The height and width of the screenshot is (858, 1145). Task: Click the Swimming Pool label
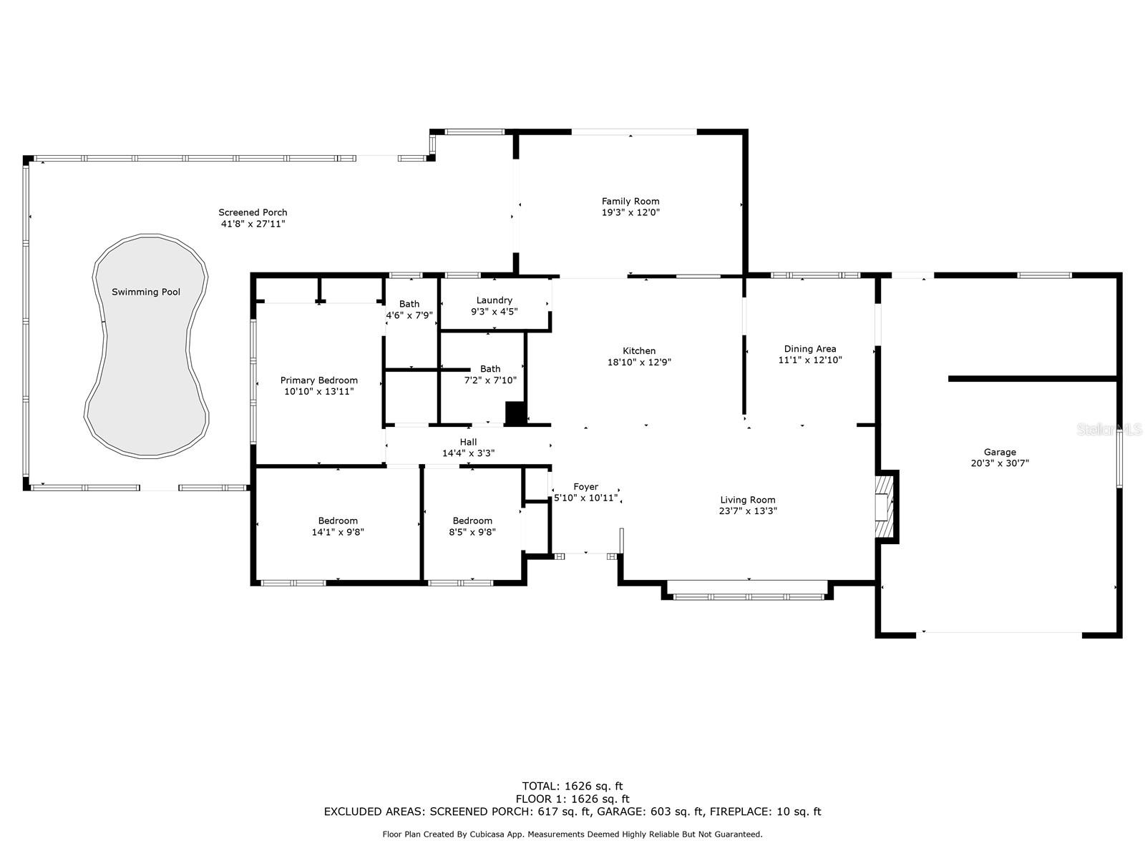click(x=146, y=292)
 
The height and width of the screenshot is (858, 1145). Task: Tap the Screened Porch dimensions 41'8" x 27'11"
click(x=253, y=224)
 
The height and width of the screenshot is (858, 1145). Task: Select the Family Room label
click(x=630, y=201)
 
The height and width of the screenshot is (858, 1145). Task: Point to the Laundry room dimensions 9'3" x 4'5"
click(x=494, y=312)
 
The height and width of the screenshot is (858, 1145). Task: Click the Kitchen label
click(x=639, y=351)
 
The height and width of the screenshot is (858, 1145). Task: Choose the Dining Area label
click(x=810, y=349)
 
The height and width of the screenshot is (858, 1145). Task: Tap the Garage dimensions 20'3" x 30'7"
click(x=1000, y=463)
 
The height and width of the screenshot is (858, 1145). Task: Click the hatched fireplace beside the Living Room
click(x=885, y=507)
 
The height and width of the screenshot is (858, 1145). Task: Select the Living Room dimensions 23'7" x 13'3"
click(x=748, y=511)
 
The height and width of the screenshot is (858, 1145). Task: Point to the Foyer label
click(x=586, y=487)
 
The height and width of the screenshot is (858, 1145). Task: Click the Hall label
click(x=469, y=442)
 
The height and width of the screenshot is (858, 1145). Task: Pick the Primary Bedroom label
click(x=319, y=380)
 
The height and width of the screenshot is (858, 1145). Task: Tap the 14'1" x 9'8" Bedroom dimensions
click(x=338, y=532)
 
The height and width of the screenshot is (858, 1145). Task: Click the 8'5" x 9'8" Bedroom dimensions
click(x=472, y=532)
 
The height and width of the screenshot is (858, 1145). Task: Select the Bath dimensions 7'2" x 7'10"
click(x=490, y=380)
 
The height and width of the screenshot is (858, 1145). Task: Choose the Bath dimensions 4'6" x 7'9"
click(x=409, y=315)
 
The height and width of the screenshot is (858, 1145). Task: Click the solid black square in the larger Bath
click(x=516, y=413)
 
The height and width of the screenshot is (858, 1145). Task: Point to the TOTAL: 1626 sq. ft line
click(x=572, y=786)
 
